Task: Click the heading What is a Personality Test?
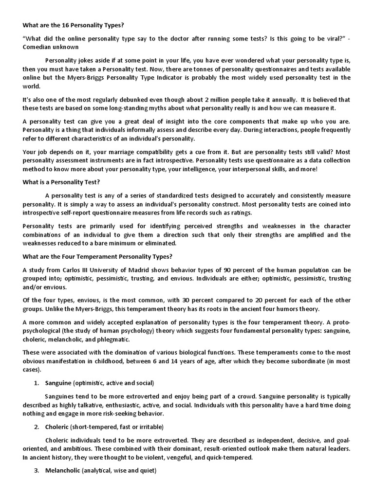61,182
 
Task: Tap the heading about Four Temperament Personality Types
97,256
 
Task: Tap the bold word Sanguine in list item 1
58,383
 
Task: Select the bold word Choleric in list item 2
57,427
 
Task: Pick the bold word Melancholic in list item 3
62,471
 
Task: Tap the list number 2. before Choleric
37,427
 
